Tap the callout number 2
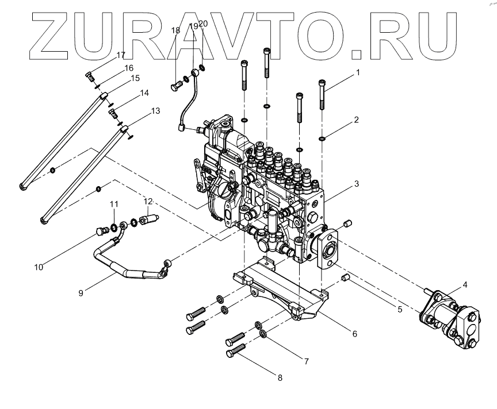(357, 120)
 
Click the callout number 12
(148, 202)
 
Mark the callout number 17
(120, 55)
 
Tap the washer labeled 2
(323, 138)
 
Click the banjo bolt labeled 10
(102, 231)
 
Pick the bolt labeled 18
(175, 87)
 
